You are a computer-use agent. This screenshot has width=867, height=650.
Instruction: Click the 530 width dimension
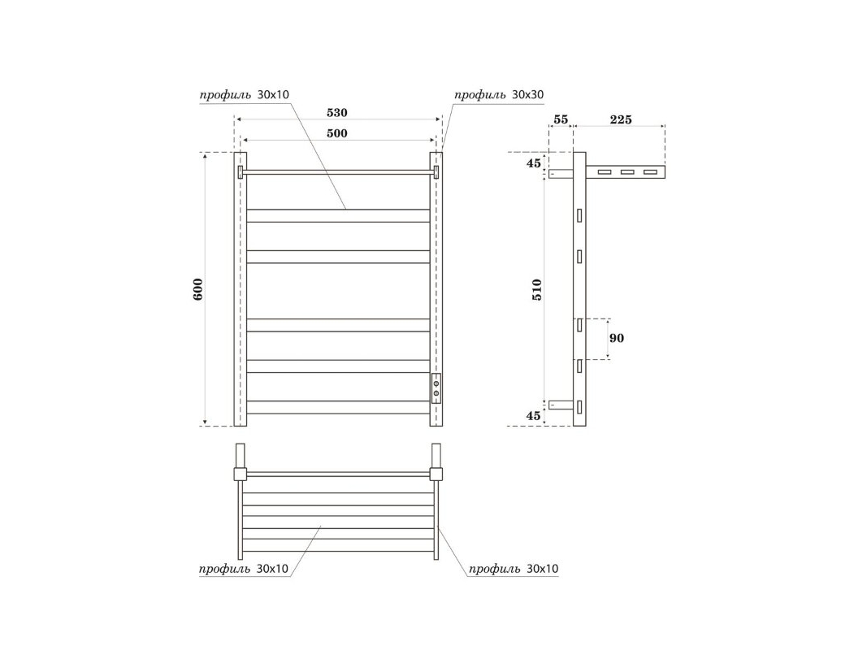(x=336, y=113)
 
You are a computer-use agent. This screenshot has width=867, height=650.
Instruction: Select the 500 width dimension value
(x=336, y=133)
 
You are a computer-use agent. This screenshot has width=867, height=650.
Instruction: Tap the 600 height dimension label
(x=198, y=289)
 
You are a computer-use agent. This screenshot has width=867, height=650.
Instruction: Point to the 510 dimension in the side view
(x=536, y=289)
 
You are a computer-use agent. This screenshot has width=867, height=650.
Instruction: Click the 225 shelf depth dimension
(x=621, y=119)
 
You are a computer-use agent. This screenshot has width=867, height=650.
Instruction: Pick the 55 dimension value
(x=561, y=119)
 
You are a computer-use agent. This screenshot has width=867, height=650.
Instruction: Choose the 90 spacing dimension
(x=617, y=338)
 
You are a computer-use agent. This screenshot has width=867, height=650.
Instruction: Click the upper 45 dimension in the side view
(x=533, y=163)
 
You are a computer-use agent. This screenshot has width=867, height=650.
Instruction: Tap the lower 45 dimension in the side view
(x=533, y=416)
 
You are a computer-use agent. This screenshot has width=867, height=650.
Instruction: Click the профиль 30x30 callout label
(x=499, y=95)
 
